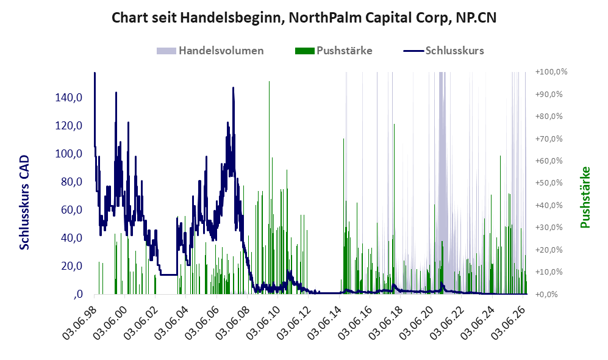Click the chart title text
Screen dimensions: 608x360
(x=304, y=18)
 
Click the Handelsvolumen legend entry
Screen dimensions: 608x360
(x=210, y=51)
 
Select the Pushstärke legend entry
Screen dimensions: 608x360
(x=334, y=51)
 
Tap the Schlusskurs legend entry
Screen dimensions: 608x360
(x=443, y=51)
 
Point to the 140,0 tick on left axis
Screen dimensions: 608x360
(x=69, y=98)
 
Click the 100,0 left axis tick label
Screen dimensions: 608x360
(x=69, y=154)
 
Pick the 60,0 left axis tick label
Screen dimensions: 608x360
(x=72, y=210)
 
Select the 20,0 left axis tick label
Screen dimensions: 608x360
(x=72, y=266)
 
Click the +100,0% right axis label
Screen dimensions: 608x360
(x=551, y=72)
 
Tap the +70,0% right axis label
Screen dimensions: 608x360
(x=549, y=139)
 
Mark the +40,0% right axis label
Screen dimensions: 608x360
(x=549, y=205)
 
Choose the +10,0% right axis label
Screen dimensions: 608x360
(x=549, y=272)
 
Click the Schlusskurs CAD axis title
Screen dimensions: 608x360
(x=24, y=202)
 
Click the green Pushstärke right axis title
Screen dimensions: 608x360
(x=585, y=197)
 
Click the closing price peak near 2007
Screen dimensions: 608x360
(x=233, y=88)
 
